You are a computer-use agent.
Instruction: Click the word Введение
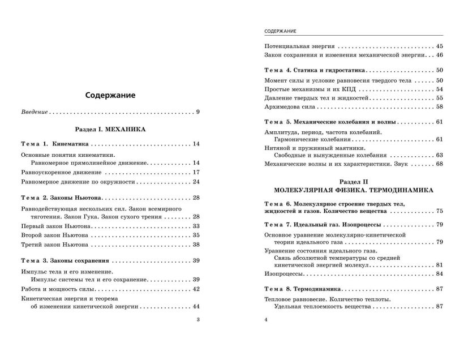point(33,112)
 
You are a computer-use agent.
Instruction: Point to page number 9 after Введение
point(198,112)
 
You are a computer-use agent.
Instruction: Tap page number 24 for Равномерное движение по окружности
point(196,182)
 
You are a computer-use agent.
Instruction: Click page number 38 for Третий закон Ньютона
point(196,245)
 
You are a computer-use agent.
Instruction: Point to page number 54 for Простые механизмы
point(439,89)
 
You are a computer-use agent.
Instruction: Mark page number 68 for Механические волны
point(439,164)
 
